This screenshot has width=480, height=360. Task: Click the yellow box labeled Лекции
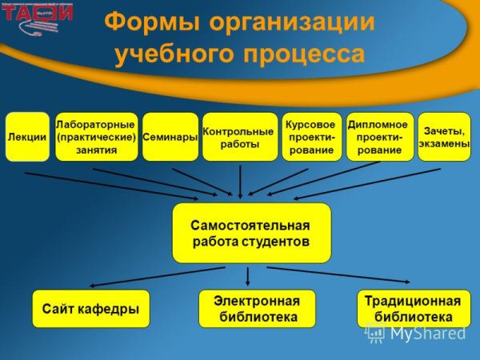(x=26, y=137)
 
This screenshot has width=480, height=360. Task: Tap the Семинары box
(x=170, y=137)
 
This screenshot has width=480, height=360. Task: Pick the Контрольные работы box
(x=239, y=137)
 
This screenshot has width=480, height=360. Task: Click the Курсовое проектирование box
(x=310, y=137)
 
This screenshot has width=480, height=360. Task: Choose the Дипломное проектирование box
(x=379, y=137)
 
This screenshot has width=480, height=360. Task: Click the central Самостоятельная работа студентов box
(x=251, y=232)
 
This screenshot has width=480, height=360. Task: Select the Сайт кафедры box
(x=90, y=309)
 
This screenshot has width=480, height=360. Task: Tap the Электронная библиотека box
(x=256, y=309)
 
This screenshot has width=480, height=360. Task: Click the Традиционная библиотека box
(x=412, y=309)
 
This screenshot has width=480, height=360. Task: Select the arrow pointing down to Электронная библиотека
(x=249, y=276)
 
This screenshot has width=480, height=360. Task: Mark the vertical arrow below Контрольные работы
(x=239, y=180)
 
